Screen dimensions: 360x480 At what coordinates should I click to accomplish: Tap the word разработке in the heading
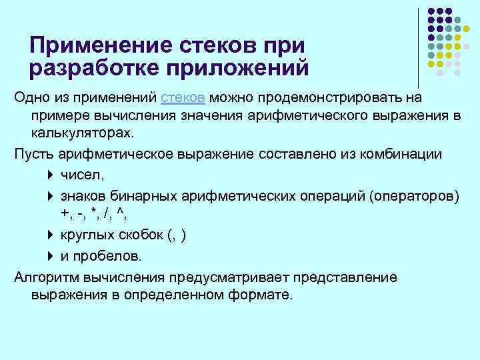pos(90,67)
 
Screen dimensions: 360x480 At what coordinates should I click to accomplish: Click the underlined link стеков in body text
pos(182,98)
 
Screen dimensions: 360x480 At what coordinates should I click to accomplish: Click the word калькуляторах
pos(81,132)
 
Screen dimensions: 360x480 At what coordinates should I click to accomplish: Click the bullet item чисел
pos(82,176)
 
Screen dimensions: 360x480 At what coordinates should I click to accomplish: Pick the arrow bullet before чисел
pos(51,176)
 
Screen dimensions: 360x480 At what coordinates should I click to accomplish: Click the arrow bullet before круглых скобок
pos(51,235)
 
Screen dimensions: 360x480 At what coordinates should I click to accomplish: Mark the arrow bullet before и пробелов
pos(51,257)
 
